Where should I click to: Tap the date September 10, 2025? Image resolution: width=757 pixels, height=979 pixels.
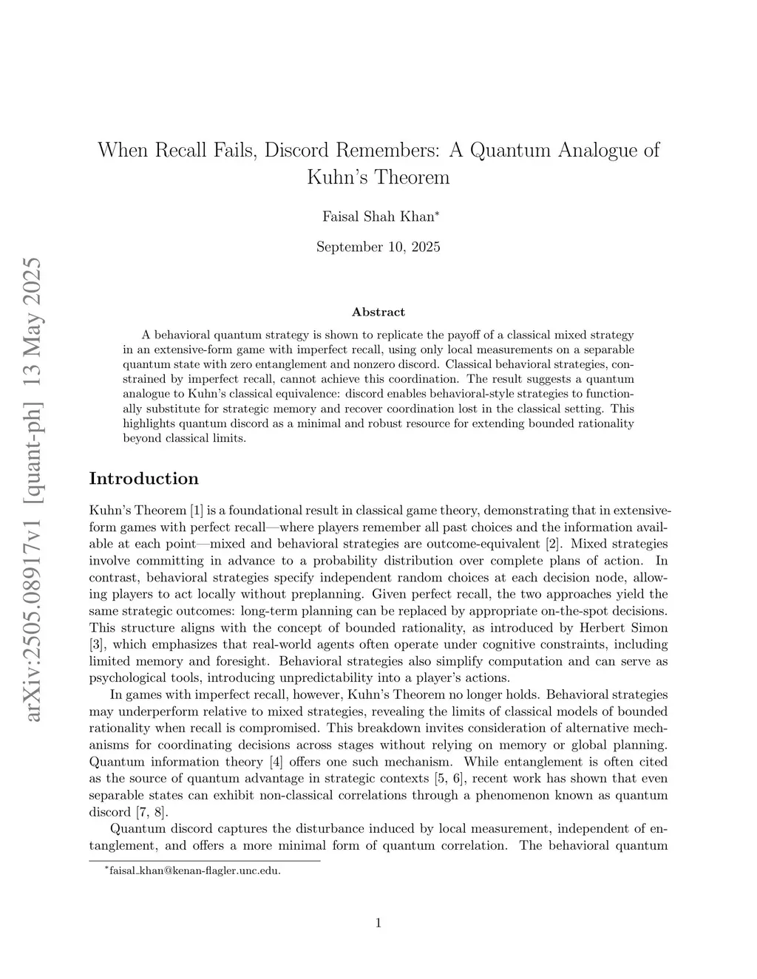point(378,247)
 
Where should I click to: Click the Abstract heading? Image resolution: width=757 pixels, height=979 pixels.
point(378,312)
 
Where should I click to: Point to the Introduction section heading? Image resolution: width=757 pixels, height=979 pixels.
point(143,478)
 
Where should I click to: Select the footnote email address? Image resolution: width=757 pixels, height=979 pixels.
point(195,870)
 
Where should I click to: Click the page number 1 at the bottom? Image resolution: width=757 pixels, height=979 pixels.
point(378,922)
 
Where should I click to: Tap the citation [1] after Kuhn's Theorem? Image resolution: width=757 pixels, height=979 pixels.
point(196,510)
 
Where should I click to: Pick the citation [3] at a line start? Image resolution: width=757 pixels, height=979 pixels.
point(97,644)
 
